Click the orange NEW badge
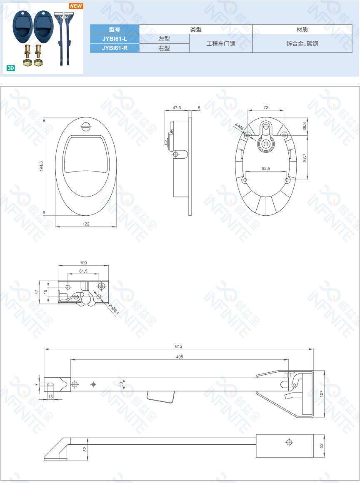tap(76, 6)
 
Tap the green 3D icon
tap(10, 68)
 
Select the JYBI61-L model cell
tap(115, 39)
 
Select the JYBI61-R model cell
tap(115, 48)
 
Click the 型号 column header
tap(115, 30)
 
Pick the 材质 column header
tap(302, 30)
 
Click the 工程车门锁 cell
tap(221, 43)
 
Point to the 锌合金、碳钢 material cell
tap(302, 43)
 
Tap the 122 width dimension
tap(86, 224)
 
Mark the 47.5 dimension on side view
tap(177, 108)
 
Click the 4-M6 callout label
tap(239, 127)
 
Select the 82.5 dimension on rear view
tap(266, 168)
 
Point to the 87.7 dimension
tap(305, 158)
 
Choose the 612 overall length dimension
tap(179, 346)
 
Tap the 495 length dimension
tap(180, 357)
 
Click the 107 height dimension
tap(321, 393)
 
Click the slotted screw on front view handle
tap(87, 125)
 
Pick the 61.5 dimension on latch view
tap(83, 271)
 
